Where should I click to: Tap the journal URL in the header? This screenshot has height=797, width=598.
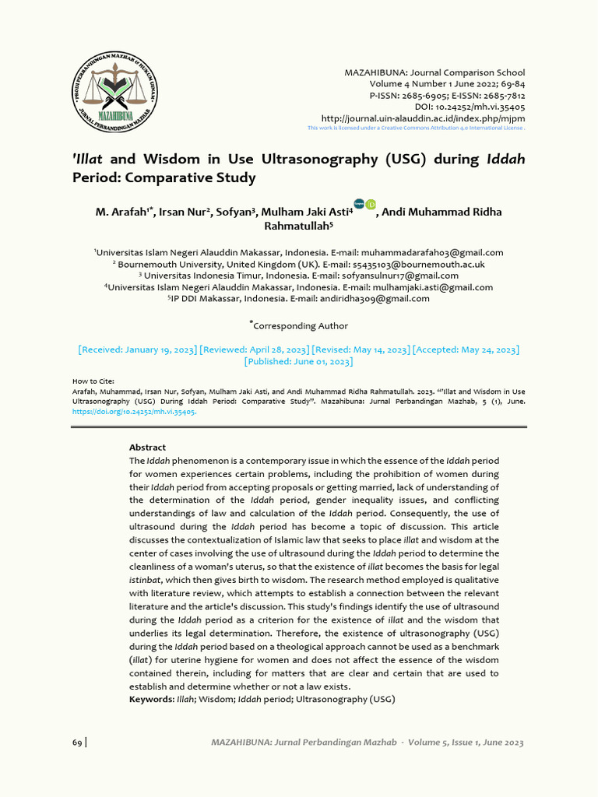[x=434, y=118]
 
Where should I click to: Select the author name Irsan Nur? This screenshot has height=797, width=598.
[x=186, y=212]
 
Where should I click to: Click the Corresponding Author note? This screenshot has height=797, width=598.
[x=301, y=325]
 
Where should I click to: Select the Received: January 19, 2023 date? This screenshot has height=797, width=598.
[x=138, y=349]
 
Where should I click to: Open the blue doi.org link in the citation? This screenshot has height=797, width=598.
[x=134, y=412]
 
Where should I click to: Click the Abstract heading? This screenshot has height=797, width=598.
[x=147, y=448]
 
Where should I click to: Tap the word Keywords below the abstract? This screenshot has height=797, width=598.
[x=151, y=700]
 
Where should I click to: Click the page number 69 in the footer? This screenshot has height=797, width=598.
[x=77, y=743]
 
